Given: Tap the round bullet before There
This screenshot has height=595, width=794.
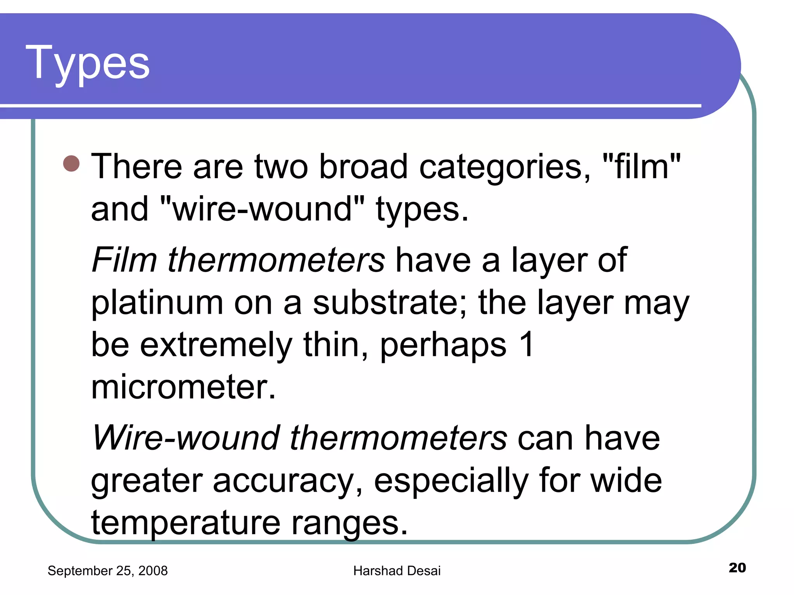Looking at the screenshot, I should coord(71,163).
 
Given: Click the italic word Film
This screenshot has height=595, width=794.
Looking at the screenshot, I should coord(124,260).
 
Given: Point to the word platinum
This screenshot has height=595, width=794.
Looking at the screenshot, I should coord(157,303).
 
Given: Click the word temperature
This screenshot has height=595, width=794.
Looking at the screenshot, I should coord(186,523).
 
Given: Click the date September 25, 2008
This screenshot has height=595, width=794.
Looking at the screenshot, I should coord(107,571).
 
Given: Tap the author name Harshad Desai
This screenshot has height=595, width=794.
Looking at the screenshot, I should coord(397,571).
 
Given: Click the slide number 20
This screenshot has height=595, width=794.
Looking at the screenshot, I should coord(737,567).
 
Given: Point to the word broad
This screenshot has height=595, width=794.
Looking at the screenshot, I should coord(363,167).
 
